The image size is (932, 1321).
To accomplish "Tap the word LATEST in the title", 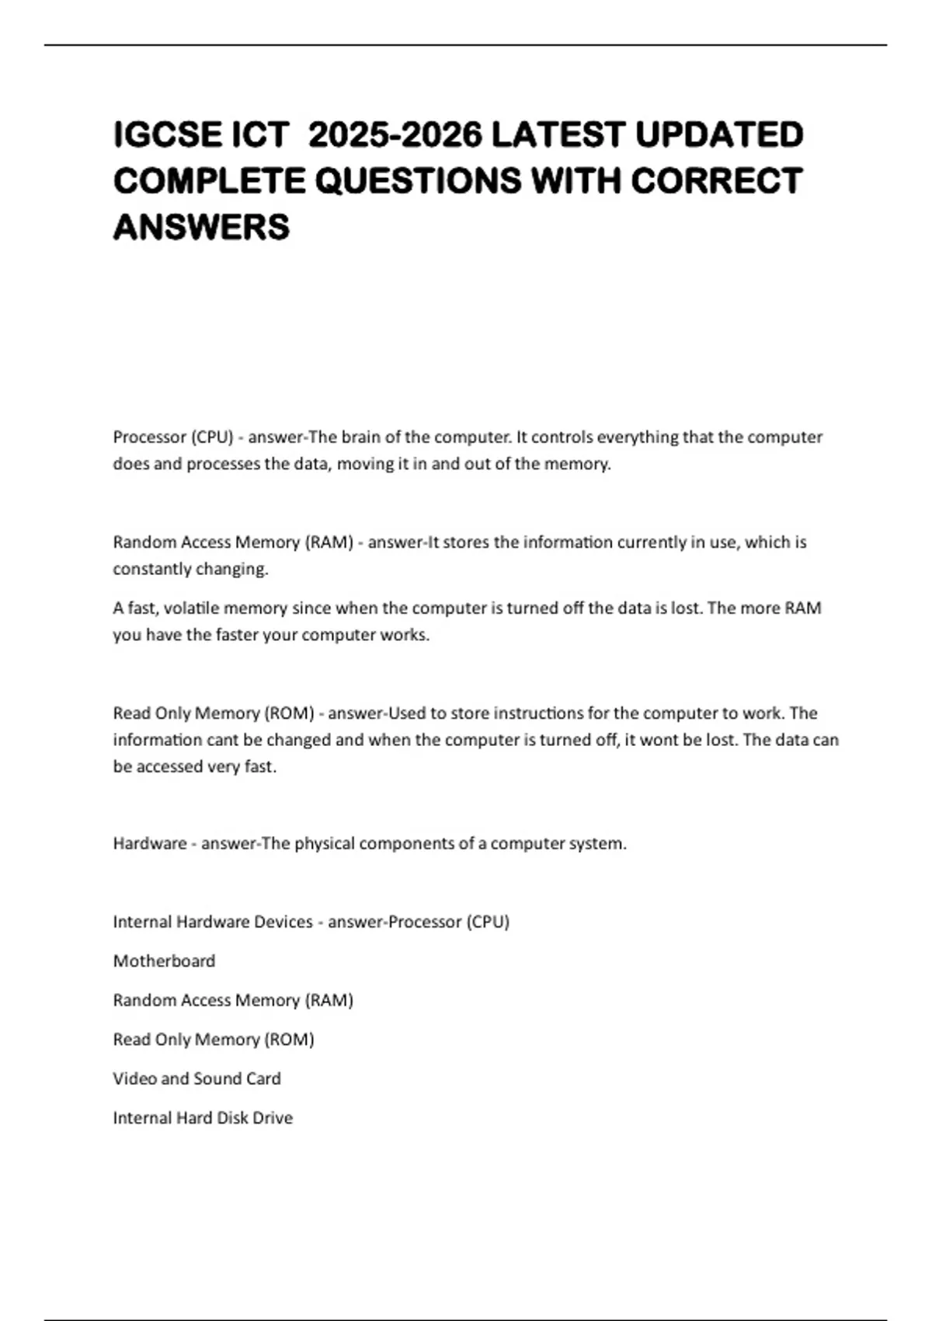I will click(558, 135).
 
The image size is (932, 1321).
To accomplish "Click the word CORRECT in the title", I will click(716, 181).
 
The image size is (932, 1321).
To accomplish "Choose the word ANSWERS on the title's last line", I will click(201, 227).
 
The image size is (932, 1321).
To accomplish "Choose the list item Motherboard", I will click(164, 961).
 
